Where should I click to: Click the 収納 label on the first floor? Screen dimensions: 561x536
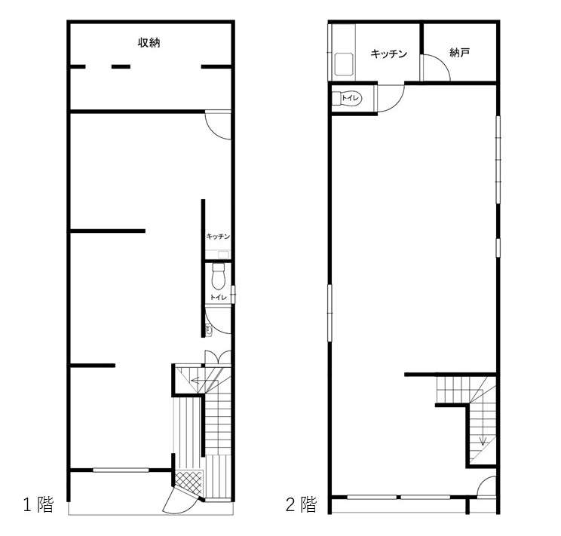click(x=149, y=43)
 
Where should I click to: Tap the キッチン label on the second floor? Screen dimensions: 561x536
click(x=389, y=54)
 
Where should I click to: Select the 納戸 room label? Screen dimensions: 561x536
click(x=459, y=53)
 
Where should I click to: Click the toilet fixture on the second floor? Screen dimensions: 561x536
click(x=347, y=99)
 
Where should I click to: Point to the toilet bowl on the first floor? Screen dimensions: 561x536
click(x=218, y=276)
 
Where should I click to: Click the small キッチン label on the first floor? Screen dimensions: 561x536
click(x=218, y=237)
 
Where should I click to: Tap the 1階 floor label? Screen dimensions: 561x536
click(x=38, y=504)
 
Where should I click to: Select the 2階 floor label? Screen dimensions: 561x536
click(x=302, y=504)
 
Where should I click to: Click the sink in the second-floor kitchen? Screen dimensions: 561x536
click(x=344, y=64)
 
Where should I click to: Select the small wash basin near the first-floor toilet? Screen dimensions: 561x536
click(x=209, y=329)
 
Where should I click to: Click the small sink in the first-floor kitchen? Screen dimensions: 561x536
click(x=224, y=254)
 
